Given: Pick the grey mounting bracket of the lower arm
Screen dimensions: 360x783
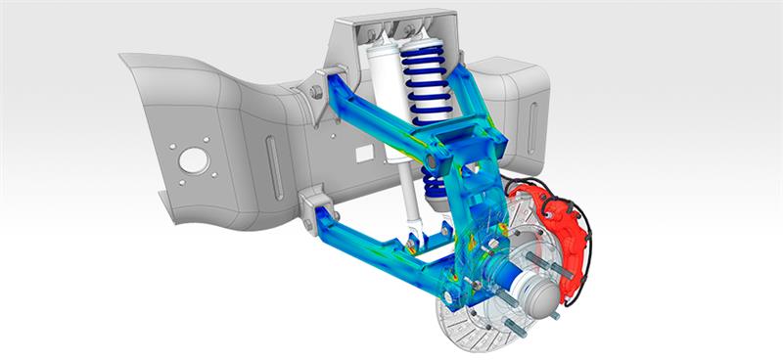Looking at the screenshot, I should pos(315,209).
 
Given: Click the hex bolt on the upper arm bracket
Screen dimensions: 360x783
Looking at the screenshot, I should pos(317,92).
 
